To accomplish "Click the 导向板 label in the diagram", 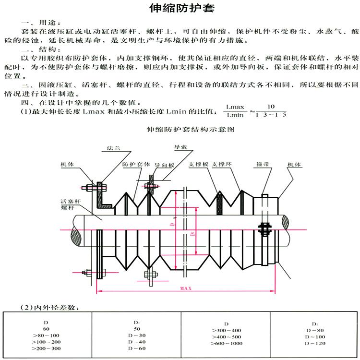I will point(165,165).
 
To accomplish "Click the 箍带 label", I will point(262,164).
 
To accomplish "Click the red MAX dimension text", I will point(186,289).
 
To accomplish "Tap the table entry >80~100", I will point(46,335).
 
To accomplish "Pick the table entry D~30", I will point(137,335).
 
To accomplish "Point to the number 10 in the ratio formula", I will point(271,106).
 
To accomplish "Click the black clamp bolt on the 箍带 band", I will point(264,227).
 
